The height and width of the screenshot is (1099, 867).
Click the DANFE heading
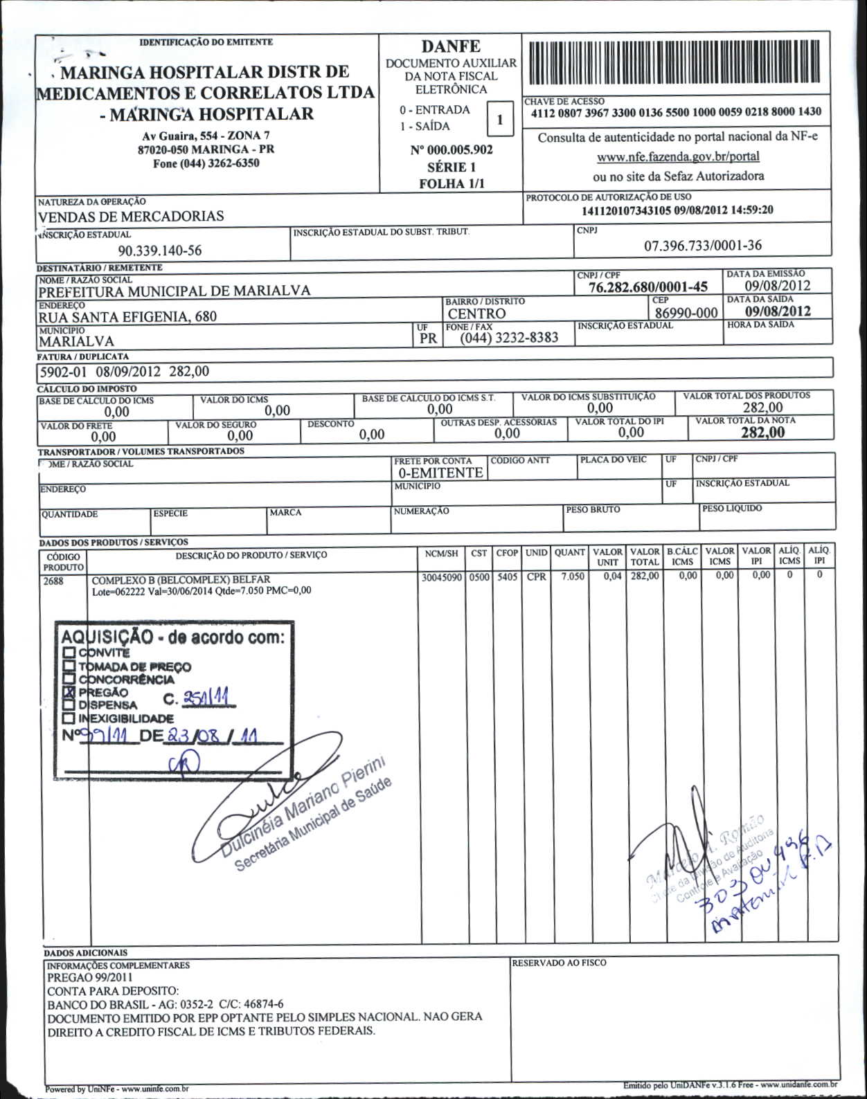click(x=451, y=46)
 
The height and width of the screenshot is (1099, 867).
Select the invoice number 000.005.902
click(x=452, y=150)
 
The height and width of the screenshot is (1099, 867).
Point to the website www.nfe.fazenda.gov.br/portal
click(x=678, y=156)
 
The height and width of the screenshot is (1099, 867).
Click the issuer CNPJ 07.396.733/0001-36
click(x=702, y=245)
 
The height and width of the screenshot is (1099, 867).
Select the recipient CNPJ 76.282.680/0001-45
click(x=647, y=287)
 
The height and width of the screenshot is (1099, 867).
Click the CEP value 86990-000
click(x=686, y=313)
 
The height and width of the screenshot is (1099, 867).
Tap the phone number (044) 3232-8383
click(x=509, y=338)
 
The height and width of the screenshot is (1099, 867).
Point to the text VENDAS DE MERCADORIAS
click(x=131, y=216)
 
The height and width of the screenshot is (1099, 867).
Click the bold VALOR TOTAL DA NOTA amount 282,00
click(x=762, y=433)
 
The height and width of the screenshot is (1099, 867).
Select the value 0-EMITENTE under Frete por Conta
click(x=440, y=473)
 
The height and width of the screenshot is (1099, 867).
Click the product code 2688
click(x=53, y=581)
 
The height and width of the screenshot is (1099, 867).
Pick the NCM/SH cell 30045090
click(x=441, y=577)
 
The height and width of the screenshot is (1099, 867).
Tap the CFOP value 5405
click(x=507, y=577)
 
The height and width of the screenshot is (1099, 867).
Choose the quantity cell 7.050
click(x=573, y=577)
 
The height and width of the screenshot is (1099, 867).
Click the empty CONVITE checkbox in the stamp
click(x=69, y=653)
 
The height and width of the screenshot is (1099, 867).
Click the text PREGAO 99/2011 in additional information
click(x=89, y=978)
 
